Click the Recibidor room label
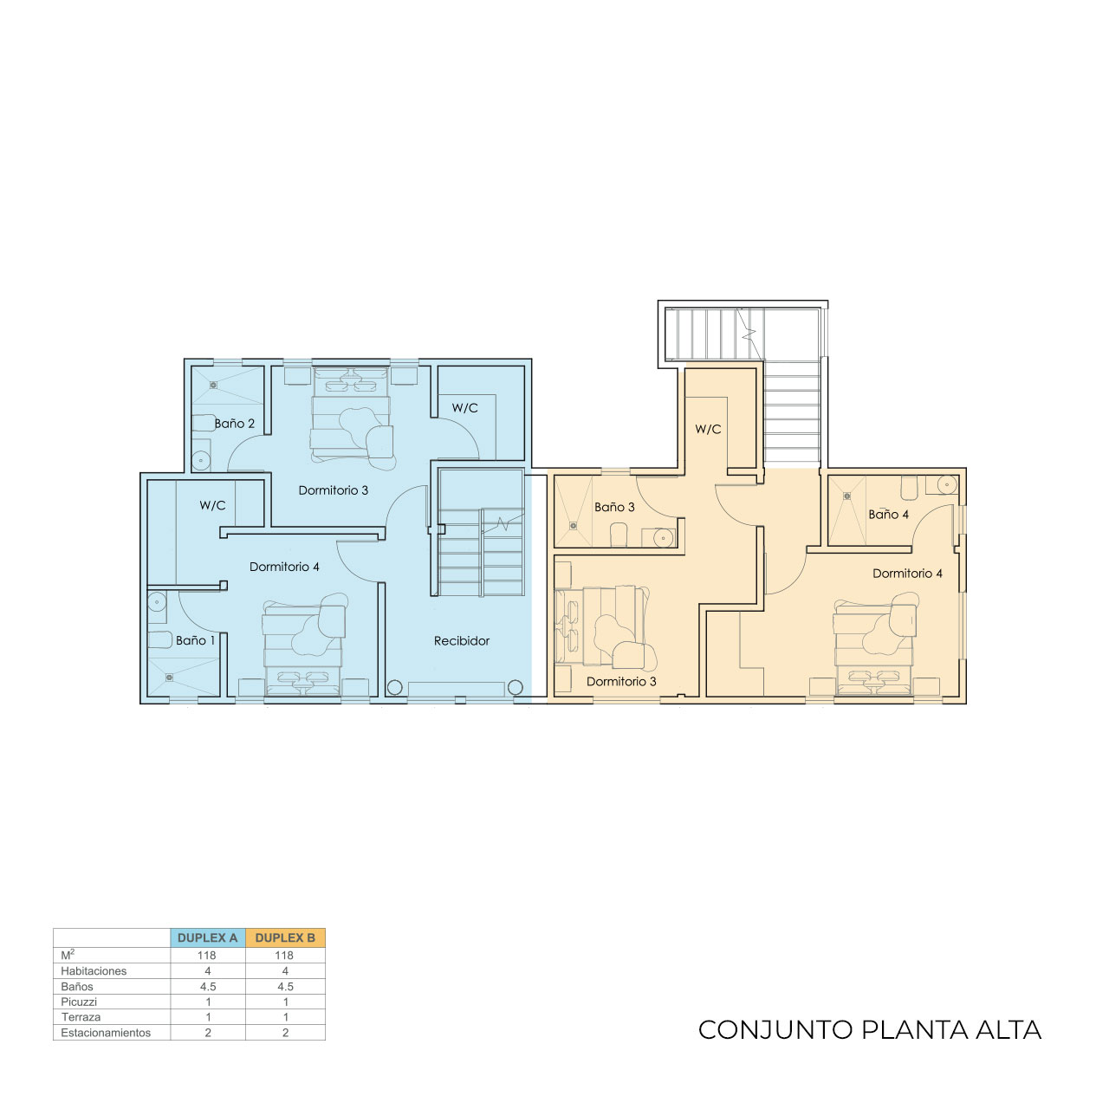461,640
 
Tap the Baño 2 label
234,424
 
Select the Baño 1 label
195,640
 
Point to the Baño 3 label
614,507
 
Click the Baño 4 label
889,515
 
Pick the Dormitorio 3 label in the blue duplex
334,490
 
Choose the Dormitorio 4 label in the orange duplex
908,574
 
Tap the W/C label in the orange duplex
708,430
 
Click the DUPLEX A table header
207,937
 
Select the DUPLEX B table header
285,937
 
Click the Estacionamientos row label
106,1033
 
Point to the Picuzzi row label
79,1002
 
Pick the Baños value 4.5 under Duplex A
208,987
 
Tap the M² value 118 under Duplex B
284,956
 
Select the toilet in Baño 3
618,534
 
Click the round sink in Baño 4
947,484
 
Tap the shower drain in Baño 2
213,385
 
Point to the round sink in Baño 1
157,603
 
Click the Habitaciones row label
94,971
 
